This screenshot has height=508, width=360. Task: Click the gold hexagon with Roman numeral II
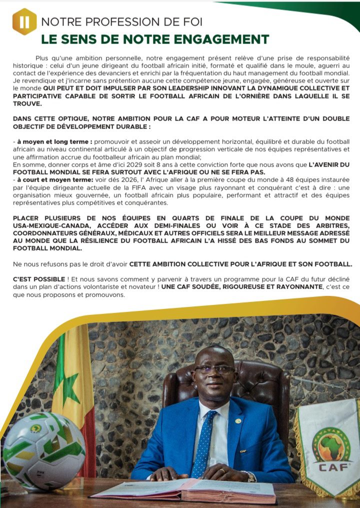click(24, 21)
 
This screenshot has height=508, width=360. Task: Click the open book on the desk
click(185, 491)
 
